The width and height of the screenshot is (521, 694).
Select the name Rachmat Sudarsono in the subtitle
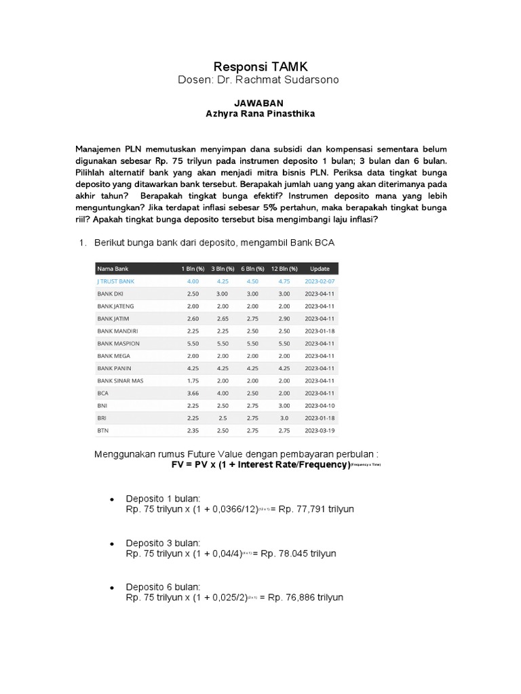tap(297, 81)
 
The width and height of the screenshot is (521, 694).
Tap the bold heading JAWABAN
tap(260, 103)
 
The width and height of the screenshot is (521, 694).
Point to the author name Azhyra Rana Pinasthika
tap(260, 114)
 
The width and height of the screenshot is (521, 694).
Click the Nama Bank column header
tap(113, 268)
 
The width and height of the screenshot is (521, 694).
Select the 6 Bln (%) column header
tap(252, 268)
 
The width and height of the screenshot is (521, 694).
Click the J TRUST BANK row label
tap(116, 281)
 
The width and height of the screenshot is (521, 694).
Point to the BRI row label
tap(102, 417)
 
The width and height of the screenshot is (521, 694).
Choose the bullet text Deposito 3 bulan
tap(163, 543)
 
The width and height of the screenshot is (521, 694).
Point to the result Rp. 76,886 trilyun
tap(306, 597)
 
